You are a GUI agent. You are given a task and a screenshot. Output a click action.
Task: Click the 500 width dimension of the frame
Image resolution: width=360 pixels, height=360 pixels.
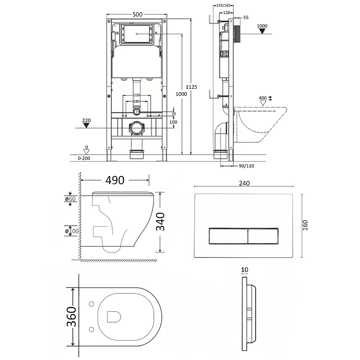(138, 14)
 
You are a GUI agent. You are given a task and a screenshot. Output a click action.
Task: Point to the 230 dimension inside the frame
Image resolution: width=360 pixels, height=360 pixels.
(137, 95)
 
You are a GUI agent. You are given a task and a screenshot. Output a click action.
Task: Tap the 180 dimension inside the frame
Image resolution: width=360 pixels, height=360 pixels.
(136, 101)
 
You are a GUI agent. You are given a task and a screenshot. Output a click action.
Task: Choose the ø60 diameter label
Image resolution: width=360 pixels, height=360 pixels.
(70, 198)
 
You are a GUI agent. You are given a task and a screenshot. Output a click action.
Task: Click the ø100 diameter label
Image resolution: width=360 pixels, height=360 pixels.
(72, 231)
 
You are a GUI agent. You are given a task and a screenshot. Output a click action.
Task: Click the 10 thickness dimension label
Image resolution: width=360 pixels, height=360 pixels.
(244, 270)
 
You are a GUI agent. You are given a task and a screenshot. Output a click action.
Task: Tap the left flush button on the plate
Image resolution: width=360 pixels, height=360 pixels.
(228, 235)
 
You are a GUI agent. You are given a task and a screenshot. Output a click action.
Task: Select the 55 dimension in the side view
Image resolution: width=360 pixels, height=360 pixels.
(246, 17)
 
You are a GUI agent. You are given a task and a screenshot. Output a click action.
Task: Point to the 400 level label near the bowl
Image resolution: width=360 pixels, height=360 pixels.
(262, 98)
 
